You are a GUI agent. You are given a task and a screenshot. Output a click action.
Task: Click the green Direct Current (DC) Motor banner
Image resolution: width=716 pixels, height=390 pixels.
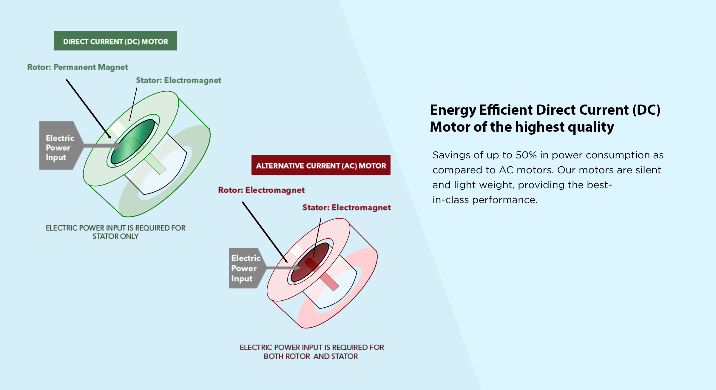115,41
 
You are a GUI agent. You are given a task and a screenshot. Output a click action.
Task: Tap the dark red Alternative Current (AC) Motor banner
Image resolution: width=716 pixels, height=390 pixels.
321,165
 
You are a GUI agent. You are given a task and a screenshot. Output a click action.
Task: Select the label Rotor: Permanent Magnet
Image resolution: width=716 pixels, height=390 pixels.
78,67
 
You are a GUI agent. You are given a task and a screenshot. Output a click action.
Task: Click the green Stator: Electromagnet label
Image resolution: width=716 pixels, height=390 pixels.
178,80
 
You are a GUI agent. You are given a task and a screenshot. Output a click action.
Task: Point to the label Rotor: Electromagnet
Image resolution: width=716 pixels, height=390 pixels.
261,190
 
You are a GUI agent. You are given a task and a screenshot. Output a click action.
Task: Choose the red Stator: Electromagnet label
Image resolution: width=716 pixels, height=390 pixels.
346,208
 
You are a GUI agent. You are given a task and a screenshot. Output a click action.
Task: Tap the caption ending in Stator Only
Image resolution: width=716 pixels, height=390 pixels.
115,232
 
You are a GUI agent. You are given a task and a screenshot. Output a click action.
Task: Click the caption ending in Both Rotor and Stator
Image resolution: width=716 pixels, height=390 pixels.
311,352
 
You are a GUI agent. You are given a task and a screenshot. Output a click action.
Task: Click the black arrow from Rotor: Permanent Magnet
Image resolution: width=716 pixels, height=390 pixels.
88,108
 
